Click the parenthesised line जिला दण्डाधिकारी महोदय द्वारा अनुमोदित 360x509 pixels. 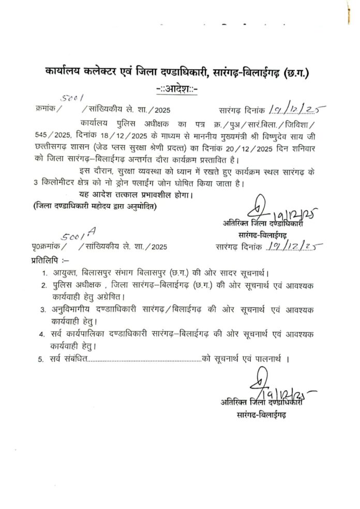[x=94, y=207]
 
